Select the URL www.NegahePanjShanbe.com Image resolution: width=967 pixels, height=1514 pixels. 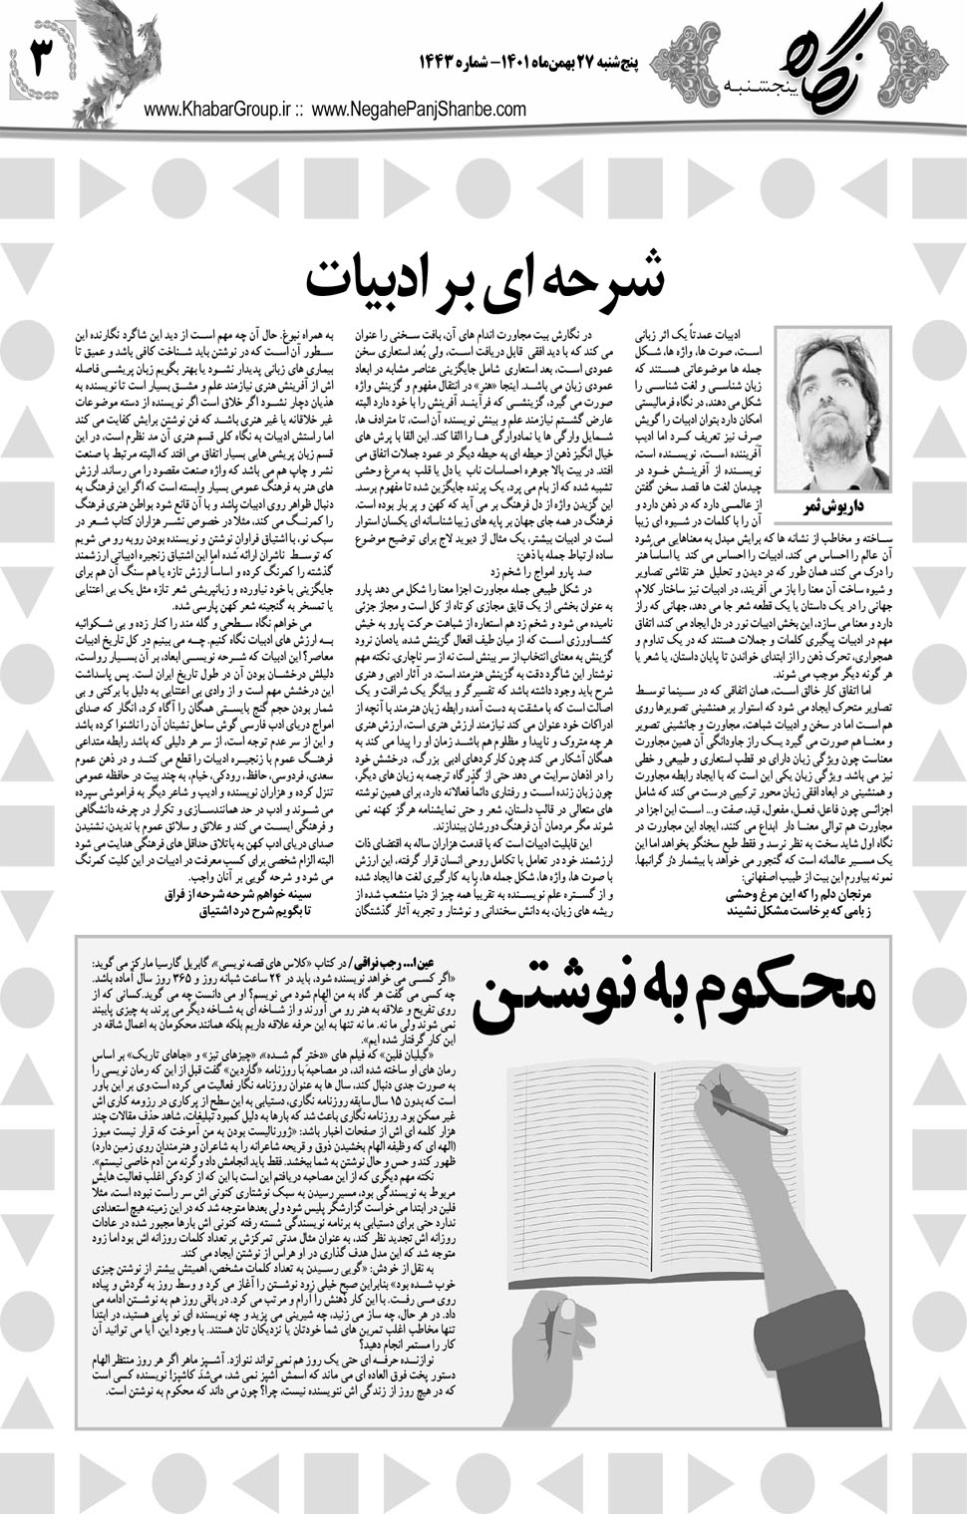pyautogui.click(x=419, y=111)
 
